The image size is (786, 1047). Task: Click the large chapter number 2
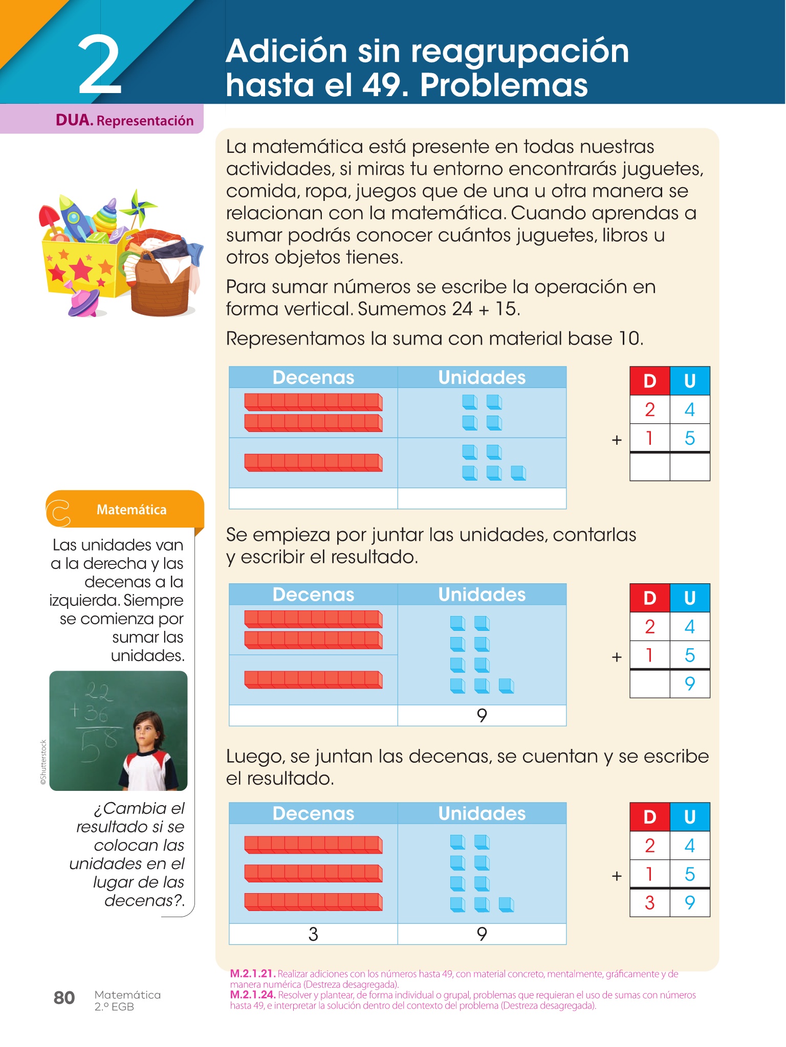coord(100,65)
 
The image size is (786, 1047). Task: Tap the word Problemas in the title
coord(504,85)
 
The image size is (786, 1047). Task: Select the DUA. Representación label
coord(124,121)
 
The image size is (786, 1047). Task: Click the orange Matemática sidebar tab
coord(131,510)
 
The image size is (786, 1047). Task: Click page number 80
coord(64,997)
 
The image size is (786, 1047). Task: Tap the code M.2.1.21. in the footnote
coord(253,974)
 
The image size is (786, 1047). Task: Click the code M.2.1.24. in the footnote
coord(253,995)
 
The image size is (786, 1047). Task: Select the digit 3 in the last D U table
coord(649,903)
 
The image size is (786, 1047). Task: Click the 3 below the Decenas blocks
coord(313,934)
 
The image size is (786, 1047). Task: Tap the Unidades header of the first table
coord(482,377)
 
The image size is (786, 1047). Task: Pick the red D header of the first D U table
coord(649,381)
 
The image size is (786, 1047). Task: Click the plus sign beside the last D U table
coord(617,876)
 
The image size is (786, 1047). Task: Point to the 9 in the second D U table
coord(689,684)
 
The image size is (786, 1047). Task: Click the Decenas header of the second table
coord(313,595)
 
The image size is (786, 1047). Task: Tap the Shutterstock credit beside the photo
coord(43,762)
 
